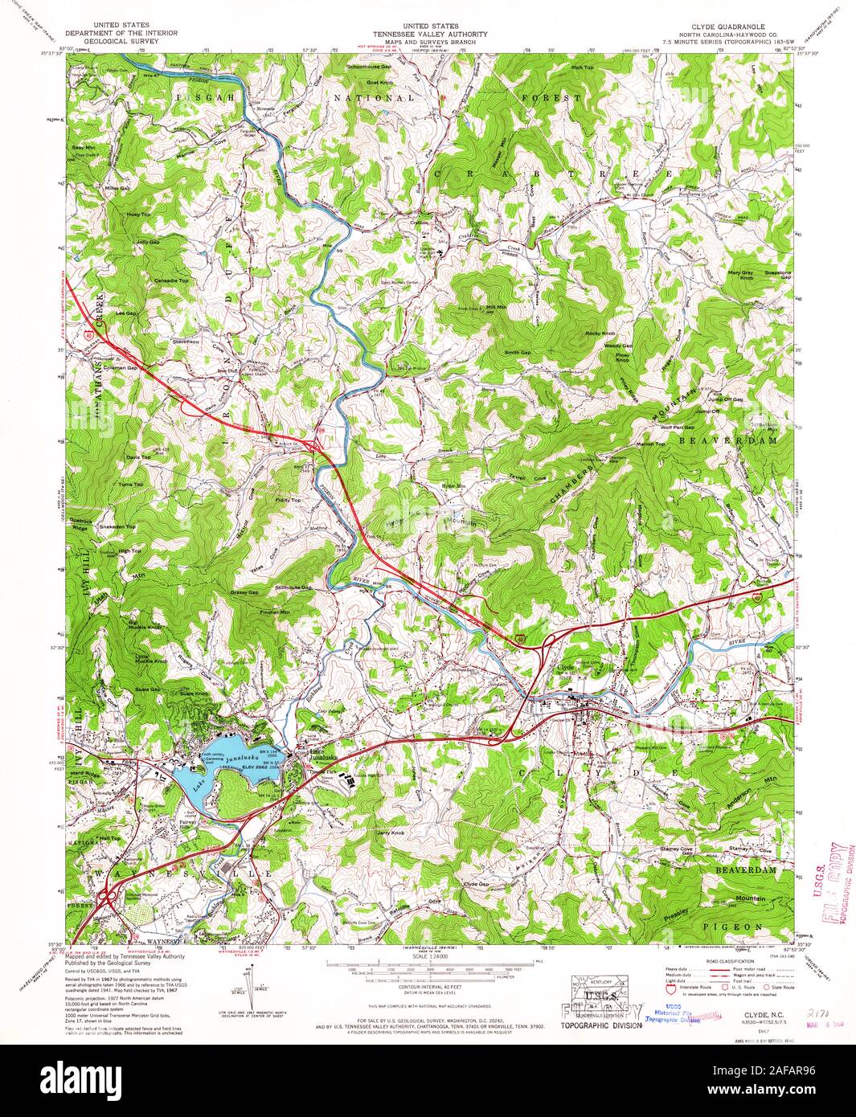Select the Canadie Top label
pos(172,280)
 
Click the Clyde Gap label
pos(477,884)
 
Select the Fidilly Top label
pos(286,501)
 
